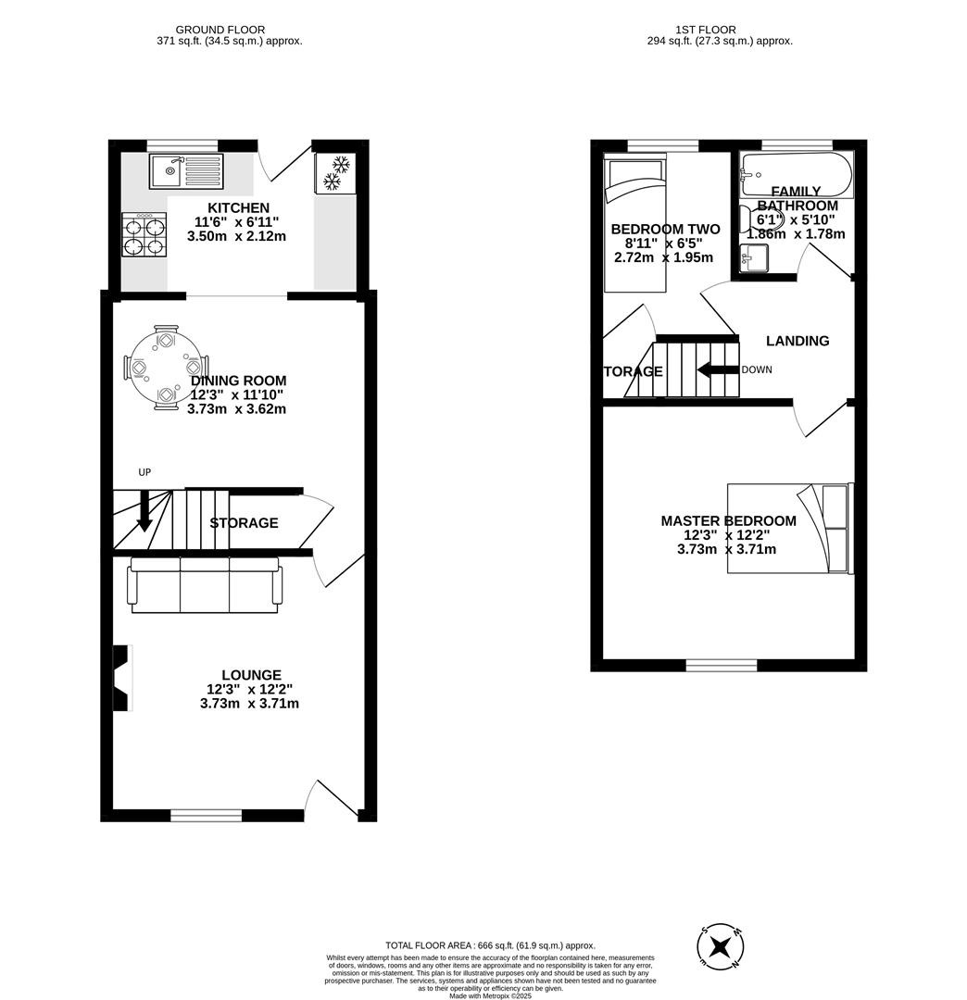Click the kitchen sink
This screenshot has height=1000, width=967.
click(x=185, y=171)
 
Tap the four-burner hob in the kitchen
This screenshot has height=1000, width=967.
click(x=144, y=235)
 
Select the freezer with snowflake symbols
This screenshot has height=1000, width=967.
click(x=334, y=173)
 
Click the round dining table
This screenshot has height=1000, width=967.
click(x=166, y=368)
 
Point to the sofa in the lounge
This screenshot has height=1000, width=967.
click(x=205, y=584)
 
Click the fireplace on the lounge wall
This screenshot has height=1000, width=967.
click(x=120, y=678)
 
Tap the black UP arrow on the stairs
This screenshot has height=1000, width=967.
click(x=144, y=511)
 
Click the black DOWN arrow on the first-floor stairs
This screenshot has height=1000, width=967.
click(x=717, y=370)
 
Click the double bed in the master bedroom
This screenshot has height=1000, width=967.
click(x=789, y=528)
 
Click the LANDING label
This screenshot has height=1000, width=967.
click(x=797, y=341)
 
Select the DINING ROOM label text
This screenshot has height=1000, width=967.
click(x=238, y=381)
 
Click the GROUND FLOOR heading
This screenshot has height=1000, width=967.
click(x=220, y=30)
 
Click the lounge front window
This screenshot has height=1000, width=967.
click(x=206, y=816)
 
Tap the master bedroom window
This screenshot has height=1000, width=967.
click(x=722, y=665)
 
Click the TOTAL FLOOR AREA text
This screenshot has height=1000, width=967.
click(x=490, y=945)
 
